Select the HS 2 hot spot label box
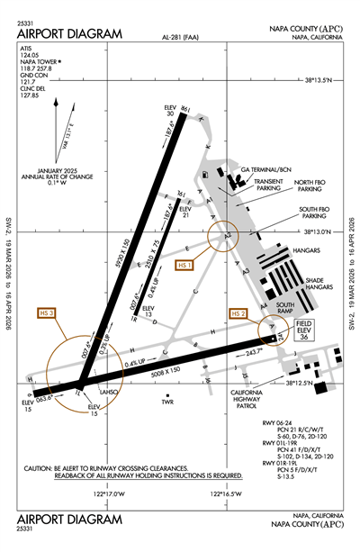pyautogui.click(x=238, y=313)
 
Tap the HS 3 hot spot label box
pyautogui.click(x=46, y=312)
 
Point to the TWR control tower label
pyautogui.click(x=166, y=402)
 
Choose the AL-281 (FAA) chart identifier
pyautogui.click(x=180, y=37)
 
